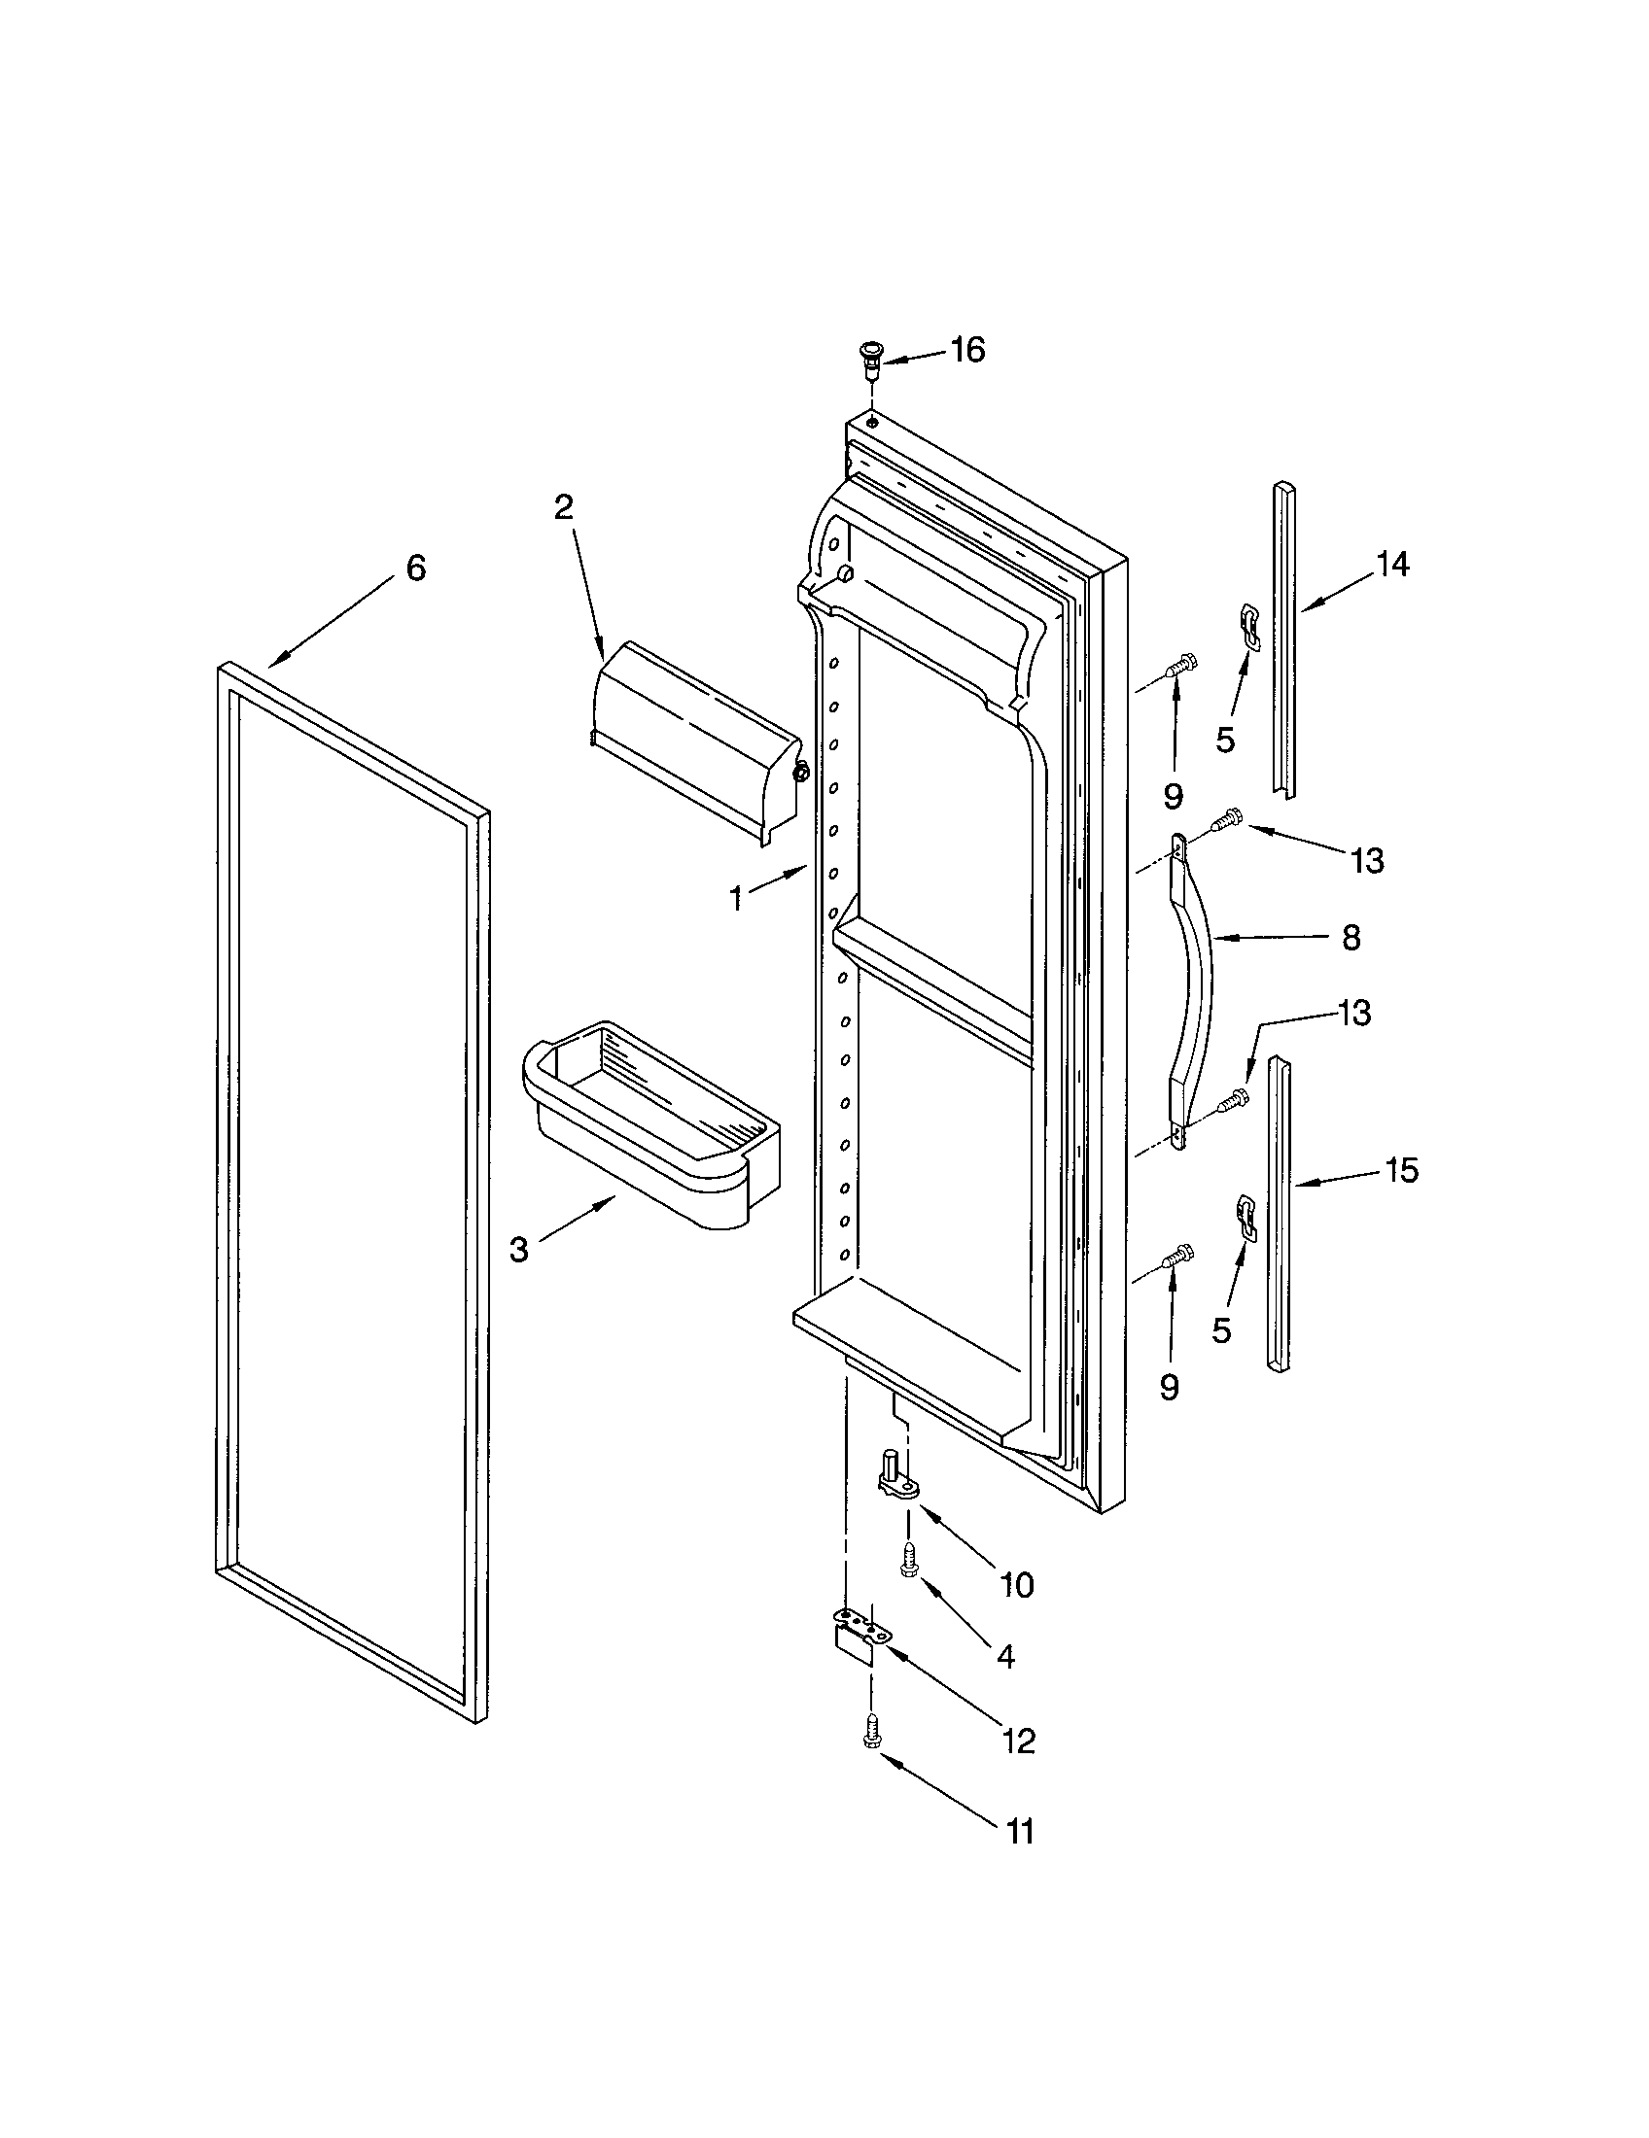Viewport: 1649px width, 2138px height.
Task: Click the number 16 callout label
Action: point(967,350)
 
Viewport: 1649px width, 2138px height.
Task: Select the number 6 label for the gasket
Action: point(416,568)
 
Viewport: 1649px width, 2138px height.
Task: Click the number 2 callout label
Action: point(563,507)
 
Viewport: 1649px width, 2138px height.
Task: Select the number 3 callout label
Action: point(519,1250)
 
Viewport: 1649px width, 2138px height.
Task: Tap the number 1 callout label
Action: point(737,899)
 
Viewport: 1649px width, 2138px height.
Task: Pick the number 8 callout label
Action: point(1351,938)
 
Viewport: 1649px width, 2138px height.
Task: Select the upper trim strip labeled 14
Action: point(1285,637)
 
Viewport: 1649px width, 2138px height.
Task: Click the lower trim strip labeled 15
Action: point(1279,1214)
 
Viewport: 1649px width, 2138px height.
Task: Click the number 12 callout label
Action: point(1018,1741)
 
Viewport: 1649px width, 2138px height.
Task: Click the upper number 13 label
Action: point(1367,860)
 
